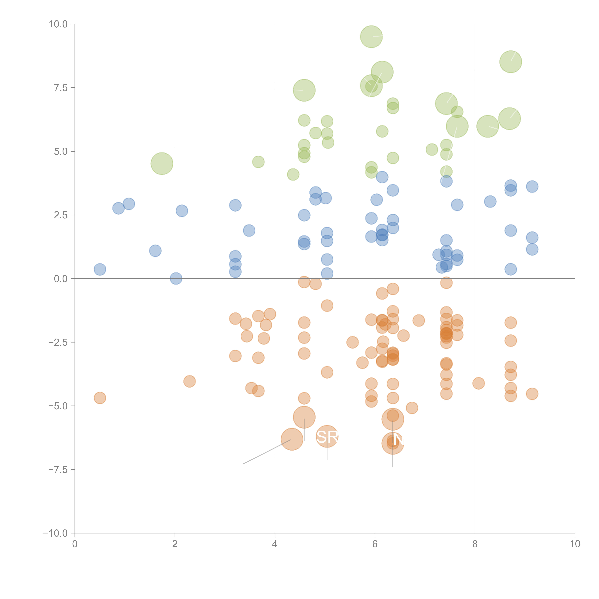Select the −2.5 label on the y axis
58,342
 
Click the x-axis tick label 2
175,544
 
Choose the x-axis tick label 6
375,544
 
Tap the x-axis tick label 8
475,544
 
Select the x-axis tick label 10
575,544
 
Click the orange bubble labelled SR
327,437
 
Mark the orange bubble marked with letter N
393,443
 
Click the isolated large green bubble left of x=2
162,163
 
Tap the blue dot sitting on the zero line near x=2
176,278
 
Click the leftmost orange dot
100,398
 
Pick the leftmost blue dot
100,269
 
